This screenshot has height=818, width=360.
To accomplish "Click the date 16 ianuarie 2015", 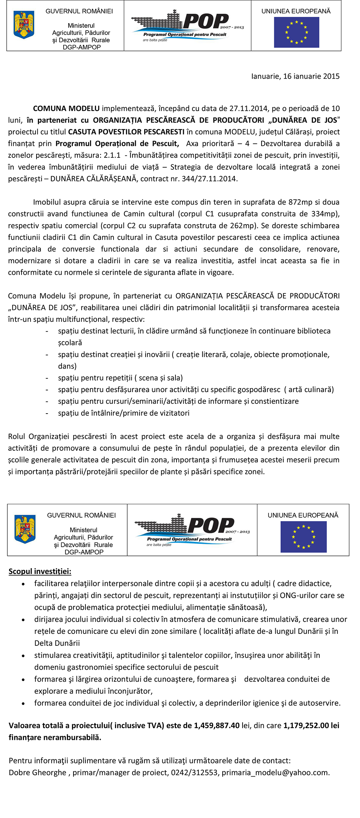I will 311,76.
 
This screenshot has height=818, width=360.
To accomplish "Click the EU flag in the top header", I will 296,32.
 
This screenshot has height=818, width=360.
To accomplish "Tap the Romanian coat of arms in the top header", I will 24,25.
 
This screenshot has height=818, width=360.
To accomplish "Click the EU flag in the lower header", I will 303,537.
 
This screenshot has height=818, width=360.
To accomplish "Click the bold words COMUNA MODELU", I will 66,108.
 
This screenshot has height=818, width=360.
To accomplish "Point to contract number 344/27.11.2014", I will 209,179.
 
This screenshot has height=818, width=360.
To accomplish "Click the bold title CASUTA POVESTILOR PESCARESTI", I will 126,132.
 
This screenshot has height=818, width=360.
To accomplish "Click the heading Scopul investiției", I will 40,571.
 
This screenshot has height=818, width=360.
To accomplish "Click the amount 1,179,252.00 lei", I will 311,726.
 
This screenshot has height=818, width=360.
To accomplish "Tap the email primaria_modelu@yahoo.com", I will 275,773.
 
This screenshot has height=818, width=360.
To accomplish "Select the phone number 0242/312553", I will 194,773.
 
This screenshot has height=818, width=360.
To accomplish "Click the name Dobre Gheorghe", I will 37,773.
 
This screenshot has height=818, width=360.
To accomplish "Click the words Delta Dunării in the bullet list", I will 57,643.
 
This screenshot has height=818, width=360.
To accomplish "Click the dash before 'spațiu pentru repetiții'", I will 47,378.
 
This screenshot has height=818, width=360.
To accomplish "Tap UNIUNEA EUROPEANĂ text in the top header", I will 296,11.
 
